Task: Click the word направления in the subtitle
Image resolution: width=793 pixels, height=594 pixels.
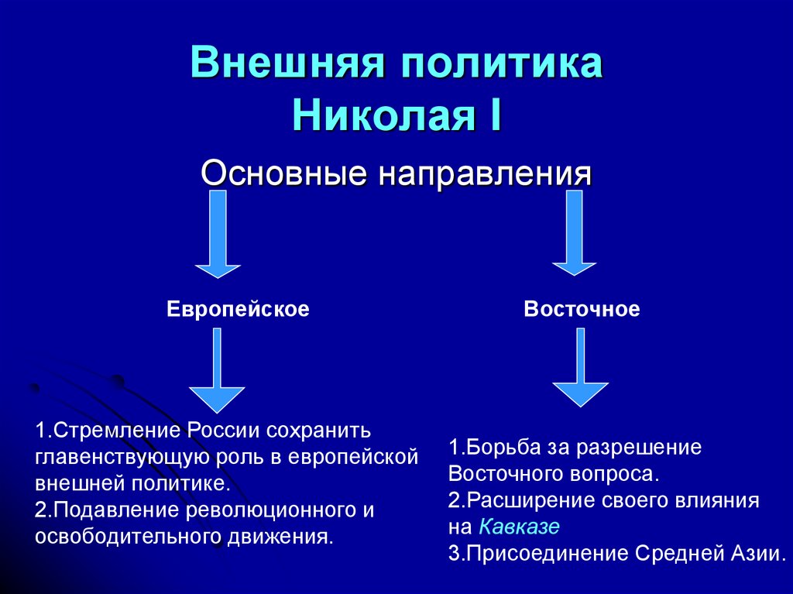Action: click(x=484, y=173)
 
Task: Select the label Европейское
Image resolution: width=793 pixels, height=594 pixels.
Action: click(x=238, y=310)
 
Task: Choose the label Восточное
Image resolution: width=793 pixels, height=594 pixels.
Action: click(x=582, y=310)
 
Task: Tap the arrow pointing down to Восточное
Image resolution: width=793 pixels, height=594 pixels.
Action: click(x=574, y=234)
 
